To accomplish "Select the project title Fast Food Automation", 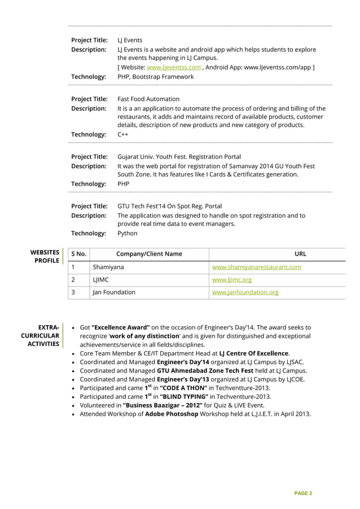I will pyautogui.click(x=148, y=99).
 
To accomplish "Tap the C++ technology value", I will pyautogui.click(x=122, y=134).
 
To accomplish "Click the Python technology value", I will pyautogui.click(x=127, y=233).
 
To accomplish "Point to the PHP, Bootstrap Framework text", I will pyautogui.click(x=155, y=76).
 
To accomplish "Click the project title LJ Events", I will pyautogui.click(x=130, y=40).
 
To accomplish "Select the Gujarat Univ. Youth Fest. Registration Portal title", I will pyautogui.click(x=179, y=156).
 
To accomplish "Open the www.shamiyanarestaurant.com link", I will pyautogui.click(x=256, y=267).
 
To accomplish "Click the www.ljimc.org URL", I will pyautogui.click(x=231, y=279).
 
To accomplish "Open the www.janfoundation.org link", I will pyautogui.click(x=245, y=292).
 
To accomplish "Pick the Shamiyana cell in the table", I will pyautogui.click(x=108, y=267).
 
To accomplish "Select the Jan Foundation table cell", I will pyautogui.click(x=114, y=292).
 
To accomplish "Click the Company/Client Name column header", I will pyautogui.click(x=149, y=254).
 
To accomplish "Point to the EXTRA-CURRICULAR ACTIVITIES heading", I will pyautogui.click(x=41, y=335).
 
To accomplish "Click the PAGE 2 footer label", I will pyautogui.click(x=302, y=493).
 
